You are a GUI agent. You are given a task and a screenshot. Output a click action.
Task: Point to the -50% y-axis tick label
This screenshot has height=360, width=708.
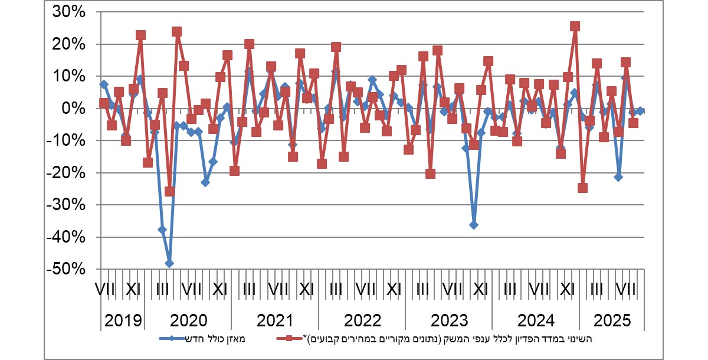(68, 269)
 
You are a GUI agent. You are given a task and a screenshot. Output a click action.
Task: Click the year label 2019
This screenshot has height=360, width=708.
(123, 321)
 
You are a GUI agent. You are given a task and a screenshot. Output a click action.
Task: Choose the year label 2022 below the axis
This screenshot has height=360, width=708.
(362, 321)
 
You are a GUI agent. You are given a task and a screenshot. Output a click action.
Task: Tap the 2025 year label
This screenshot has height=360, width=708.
(611, 321)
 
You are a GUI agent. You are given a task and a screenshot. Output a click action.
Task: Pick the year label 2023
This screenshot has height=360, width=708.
(449, 321)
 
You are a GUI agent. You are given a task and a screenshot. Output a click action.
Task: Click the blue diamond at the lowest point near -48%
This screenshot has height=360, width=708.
(169, 263)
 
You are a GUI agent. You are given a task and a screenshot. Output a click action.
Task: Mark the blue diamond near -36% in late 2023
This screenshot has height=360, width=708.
(473, 225)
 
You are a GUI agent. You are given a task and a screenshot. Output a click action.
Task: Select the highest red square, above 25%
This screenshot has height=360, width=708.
(575, 27)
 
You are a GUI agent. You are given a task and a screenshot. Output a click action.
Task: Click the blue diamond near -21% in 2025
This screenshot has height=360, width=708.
(618, 177)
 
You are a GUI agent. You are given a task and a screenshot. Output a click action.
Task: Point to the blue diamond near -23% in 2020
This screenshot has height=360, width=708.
(205, 182)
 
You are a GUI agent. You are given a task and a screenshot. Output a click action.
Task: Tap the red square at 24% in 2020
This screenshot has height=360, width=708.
(176, 32)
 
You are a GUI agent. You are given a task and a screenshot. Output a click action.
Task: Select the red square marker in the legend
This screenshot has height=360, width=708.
(289, 339)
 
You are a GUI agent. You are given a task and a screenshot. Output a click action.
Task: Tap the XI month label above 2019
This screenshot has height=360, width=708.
(133, 290)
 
